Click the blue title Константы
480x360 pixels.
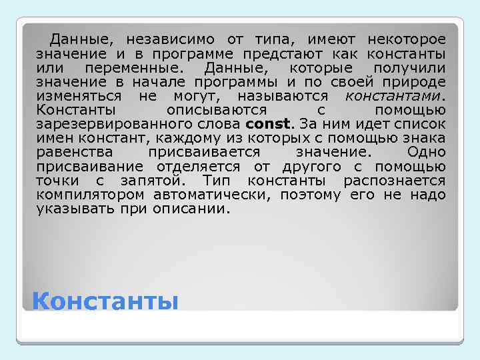105,302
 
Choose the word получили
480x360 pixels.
409,68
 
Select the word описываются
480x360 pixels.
217,110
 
